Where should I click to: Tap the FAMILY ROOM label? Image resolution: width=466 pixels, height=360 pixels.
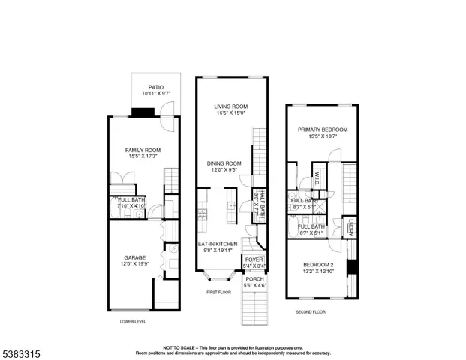click(143, 150)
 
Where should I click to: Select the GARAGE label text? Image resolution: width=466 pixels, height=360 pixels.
click(135, 257)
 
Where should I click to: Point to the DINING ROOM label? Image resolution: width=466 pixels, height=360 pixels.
click(224, 163)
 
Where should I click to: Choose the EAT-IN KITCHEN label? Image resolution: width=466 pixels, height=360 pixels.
click(218, 244)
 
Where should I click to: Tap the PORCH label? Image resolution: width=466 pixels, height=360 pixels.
click(251, 278)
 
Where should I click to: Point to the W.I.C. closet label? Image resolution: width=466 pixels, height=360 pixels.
click(317, 178)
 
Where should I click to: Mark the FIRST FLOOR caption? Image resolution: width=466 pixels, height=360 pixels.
click(220, 293)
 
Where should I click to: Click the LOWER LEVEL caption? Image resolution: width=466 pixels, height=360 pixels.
click(133, 321)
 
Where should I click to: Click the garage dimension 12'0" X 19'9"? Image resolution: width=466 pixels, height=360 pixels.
click(135, 264)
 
